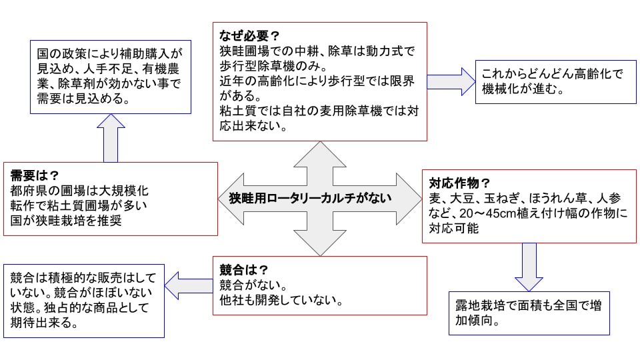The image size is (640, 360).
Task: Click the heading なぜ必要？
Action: pos(249,33)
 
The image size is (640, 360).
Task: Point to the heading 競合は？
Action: pos(244,270)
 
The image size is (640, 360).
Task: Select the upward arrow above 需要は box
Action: pos(111,137)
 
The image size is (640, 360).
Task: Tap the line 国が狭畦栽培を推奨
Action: pos(66,221)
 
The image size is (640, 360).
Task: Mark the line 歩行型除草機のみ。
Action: pos(273,66)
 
